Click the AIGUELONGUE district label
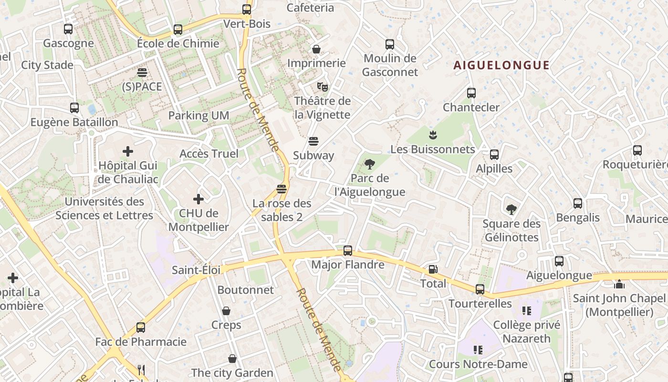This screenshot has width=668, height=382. pyautogui.click(x=501, y=65)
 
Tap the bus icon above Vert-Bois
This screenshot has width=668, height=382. pyautogui.click(x=247, y=9)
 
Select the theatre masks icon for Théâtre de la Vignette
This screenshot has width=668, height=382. pyautogui.click(x=323, y=86)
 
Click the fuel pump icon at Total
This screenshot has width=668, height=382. pyautogui.click(x=433, y=269)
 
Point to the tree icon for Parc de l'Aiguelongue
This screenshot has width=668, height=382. pyautogui.click(x=369, y=165)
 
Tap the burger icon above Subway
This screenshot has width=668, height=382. pyautogui.click(x=313, y=141)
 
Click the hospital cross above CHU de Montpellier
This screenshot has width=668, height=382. pyautogui.click(x=198, y=199)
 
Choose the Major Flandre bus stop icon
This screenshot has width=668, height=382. pyautogui.click(x=348, y=250)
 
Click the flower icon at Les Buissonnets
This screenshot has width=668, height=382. pyautogui.click(x=433, y=135)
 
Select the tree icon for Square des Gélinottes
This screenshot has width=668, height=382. pyautogui.click(x=511, y=210)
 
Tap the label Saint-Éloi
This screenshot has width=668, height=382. pyautogui.click(x=196, y=270)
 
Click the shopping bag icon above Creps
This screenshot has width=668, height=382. pyautogui.click(x=226, y=311)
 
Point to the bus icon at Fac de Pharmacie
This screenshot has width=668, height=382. pyautogui.click(x=140, y=328)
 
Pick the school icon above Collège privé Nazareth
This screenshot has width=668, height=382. pyautogui.click(x=526, y=311)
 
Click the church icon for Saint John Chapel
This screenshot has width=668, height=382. pyautogui.click(x=619, y=285)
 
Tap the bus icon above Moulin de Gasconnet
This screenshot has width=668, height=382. pyautogui.click(x=390, y=44)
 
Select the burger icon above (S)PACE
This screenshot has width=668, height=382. pyautogui.click(x=142, y=73)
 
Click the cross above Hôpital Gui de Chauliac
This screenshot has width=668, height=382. pyautogui.click(x=128, y=152)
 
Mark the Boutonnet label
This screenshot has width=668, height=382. pyautogui.click(x=246, y=290)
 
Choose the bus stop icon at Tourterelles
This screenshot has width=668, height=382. pyautogui.click(x=480, y=289)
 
